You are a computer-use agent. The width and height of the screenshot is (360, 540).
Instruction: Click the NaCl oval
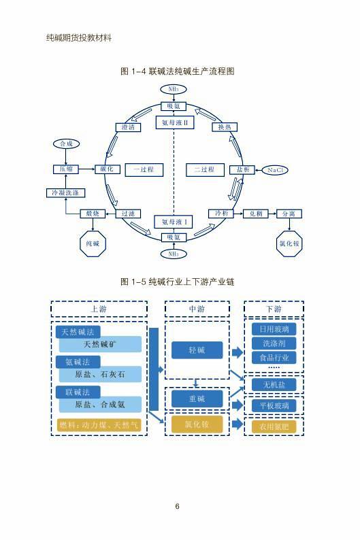(x=274, y=170)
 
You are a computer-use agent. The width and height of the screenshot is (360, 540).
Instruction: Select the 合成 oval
(x=66, y=144)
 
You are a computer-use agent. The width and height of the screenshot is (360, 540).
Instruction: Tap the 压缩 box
(x=66, y=169)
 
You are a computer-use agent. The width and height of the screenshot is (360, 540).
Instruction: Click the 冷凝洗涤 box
(x=65, y=193)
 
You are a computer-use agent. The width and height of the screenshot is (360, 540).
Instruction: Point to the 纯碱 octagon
(x=93, y=243)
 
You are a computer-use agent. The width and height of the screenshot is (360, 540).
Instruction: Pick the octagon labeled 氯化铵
(x=289, y=243)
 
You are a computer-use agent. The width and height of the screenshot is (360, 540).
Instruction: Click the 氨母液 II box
(x=175, y=122)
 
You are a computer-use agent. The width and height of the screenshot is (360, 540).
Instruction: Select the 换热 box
(x=225, y=127)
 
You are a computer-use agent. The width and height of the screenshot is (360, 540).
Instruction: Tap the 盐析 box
(x=242, y=169)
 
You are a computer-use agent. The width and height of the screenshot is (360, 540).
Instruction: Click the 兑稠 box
(x=255, y=214)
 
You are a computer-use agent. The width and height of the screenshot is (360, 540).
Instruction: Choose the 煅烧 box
(x=93, y=214)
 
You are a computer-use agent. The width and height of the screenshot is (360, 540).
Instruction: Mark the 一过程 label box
(x=144, y=170)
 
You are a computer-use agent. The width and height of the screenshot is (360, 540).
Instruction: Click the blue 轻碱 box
(x=197, y=350)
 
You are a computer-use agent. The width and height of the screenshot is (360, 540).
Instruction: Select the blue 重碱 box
(x=197, y=399)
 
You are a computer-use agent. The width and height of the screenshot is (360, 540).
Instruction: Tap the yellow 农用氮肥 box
(x=274, y=426)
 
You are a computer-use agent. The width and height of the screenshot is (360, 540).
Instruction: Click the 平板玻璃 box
(x=274, y=406)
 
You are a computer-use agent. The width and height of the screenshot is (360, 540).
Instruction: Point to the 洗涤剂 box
(x=274, y=343)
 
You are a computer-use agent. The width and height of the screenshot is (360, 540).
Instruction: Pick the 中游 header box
(x=197, y=309)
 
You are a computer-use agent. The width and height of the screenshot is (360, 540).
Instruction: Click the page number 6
(x=177, y=506)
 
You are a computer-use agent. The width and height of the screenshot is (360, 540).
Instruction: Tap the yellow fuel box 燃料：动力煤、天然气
(x=99, y=425)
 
